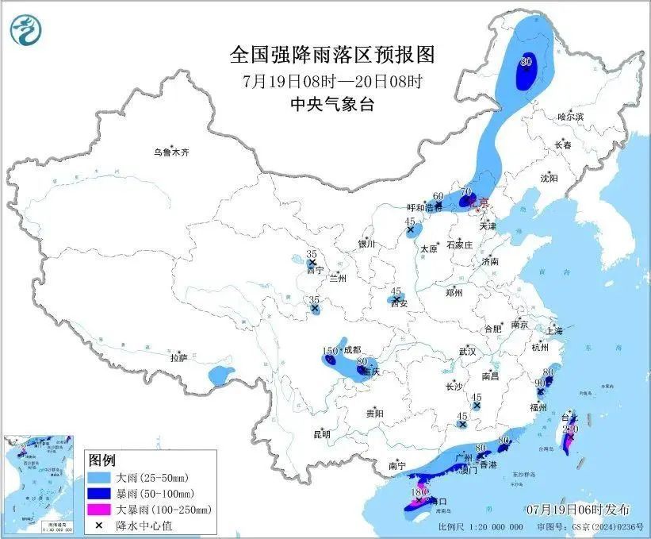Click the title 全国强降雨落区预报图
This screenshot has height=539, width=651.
[x=332, y=55]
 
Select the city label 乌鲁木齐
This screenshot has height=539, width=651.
[x=172, y=152]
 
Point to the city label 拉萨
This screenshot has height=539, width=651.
[x=178, y=358]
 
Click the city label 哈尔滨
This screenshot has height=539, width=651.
[x=569, y=117]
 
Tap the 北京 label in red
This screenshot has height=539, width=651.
[x=481, y=203]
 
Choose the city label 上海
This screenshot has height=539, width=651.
[x=553, y=330]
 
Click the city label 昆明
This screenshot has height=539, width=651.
[x=322, y=434]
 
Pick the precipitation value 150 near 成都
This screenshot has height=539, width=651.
[x=330, y=351]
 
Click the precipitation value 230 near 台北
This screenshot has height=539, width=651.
[x=569, y=429]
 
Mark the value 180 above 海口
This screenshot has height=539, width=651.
[x=419, y=492]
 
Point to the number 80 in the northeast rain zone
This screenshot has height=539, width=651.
[x=525, y=61]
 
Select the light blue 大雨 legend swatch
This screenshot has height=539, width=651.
[x=102, y=478]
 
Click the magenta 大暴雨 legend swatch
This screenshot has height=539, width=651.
[x=102, y=509]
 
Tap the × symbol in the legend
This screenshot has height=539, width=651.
[x=102, y=525]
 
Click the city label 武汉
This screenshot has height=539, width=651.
[x=467, y=351]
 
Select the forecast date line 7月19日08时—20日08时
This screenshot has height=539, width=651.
[x=332, y=81]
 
